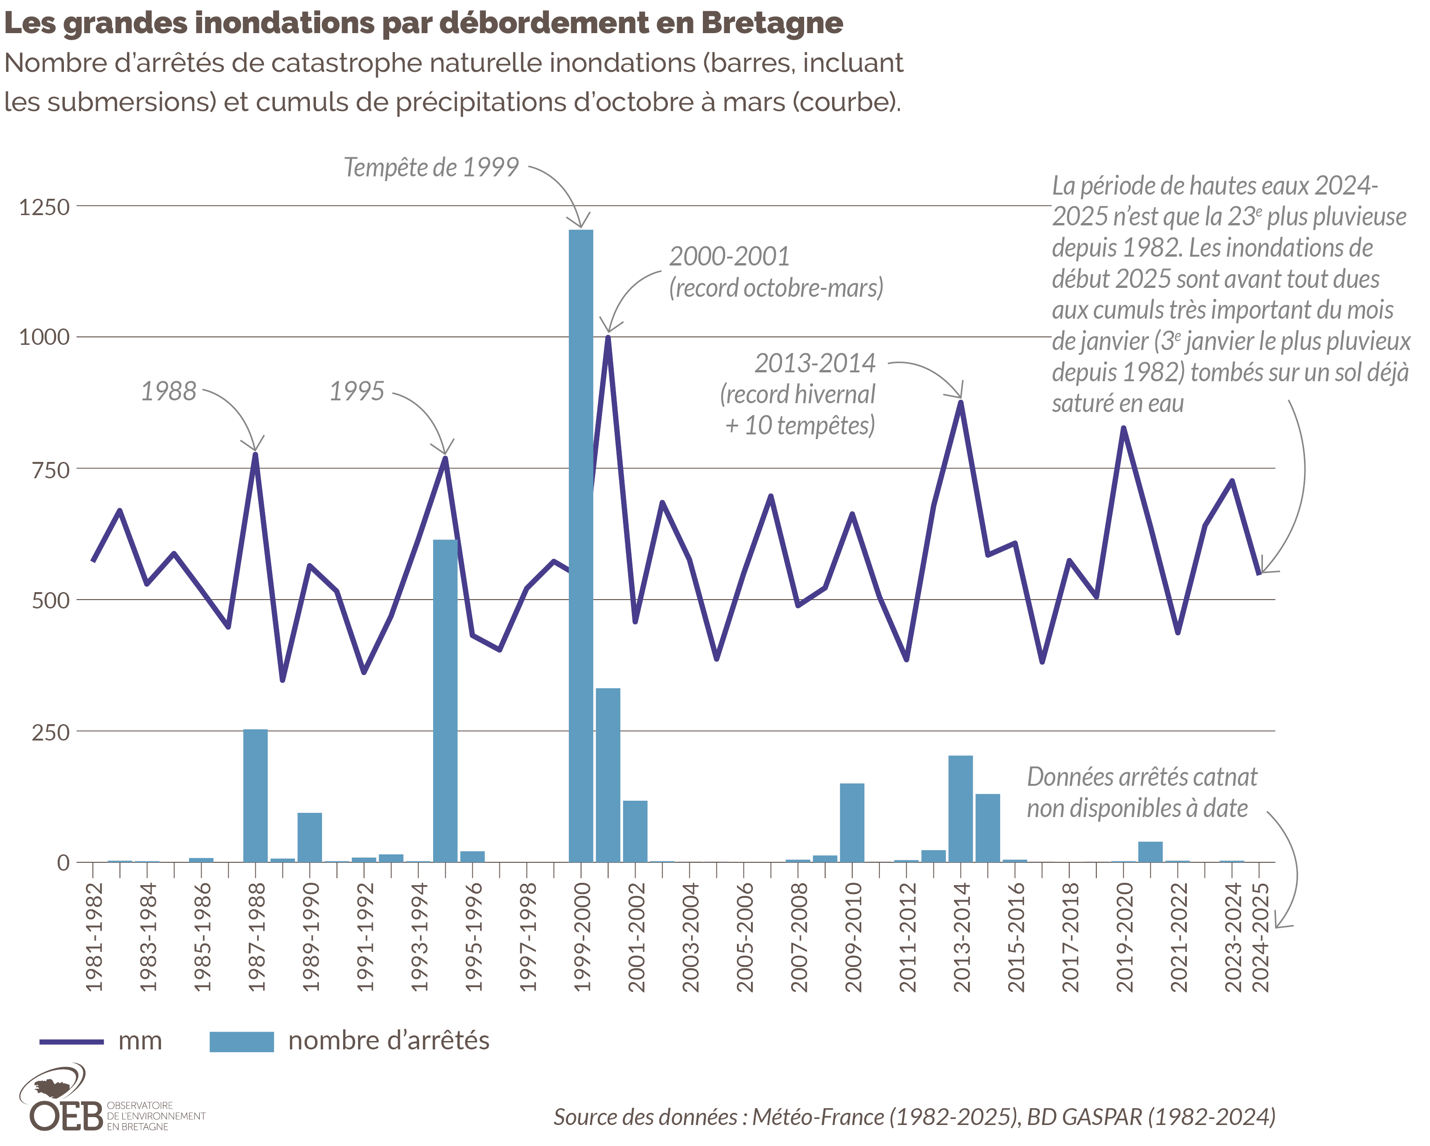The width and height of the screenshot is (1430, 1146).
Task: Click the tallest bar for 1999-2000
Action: (581, 544)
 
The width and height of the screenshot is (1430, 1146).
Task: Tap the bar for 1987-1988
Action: (255, 796)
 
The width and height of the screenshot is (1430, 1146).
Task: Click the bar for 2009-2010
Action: (852, 822)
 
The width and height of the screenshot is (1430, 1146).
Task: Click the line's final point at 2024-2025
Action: (1258, 573)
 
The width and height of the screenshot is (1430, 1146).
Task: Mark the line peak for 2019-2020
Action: (1123, 428)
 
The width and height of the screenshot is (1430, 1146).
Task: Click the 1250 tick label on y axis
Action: (44, 207)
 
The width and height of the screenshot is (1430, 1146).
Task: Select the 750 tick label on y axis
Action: (50, 469)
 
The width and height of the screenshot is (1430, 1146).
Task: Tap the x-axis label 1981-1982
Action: (95, 936)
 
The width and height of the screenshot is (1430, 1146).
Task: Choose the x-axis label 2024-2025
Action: (1260, 936)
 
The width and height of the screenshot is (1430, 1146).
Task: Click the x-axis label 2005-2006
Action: (745, 936)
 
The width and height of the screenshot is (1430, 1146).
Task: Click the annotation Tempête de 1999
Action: (431, 167)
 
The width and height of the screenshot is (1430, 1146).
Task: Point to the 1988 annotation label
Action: (168, 391)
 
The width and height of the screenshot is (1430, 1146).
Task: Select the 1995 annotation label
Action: (357, 391)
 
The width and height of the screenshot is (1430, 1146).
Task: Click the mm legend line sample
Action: (71, 1041)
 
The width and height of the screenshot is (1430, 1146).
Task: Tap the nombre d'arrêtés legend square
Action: (241, 1041)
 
